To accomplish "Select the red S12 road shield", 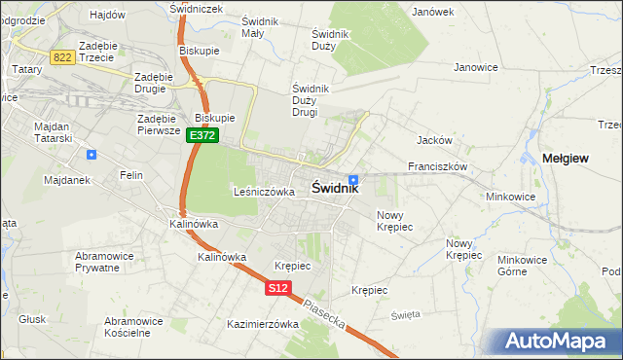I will tap(277, 288).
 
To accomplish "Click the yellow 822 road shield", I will tap(63, 58).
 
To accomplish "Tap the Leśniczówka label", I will tap(264, 193).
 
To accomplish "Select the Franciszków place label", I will tap(438, 166).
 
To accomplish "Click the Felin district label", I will tap(131, 175).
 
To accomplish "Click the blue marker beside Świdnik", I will tap(353, 179).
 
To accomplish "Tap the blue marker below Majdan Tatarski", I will tap(92, 155).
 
